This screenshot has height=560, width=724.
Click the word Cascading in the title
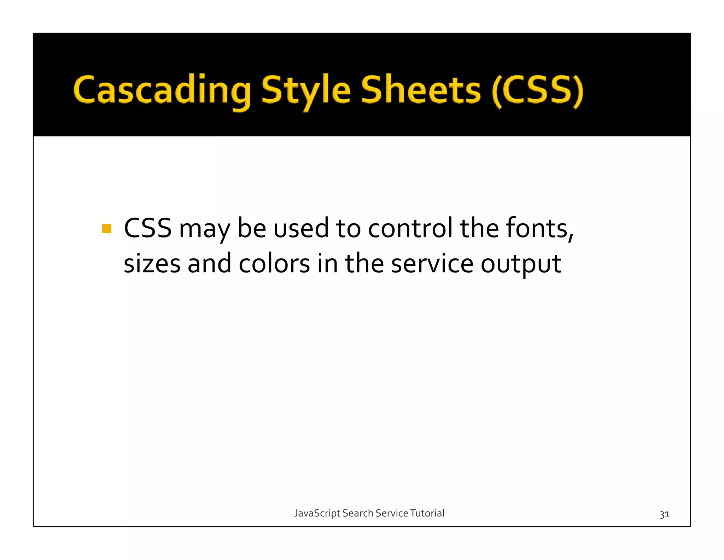162,90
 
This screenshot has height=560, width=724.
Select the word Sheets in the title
420,90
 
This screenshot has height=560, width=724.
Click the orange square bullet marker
106,229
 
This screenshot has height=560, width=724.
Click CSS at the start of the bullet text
147,228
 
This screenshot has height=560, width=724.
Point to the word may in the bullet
204,229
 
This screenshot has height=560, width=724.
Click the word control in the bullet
410,228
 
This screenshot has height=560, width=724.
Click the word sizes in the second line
152,264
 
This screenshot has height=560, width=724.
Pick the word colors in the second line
274,264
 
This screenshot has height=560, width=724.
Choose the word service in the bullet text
432,264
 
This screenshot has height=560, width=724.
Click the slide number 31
664,514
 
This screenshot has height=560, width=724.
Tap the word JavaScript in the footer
317,513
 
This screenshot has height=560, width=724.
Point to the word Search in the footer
358,513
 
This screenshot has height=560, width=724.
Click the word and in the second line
209,264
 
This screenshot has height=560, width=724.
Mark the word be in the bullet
251,228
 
